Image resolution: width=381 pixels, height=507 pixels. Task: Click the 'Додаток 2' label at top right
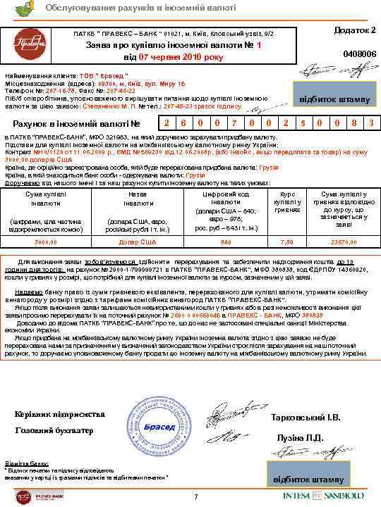coord(353,31)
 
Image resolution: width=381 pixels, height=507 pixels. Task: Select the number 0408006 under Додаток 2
coord(359,54)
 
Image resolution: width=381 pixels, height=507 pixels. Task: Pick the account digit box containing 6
coord(183,123)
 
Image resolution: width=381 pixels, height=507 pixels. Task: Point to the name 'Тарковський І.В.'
coord(306,418)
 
